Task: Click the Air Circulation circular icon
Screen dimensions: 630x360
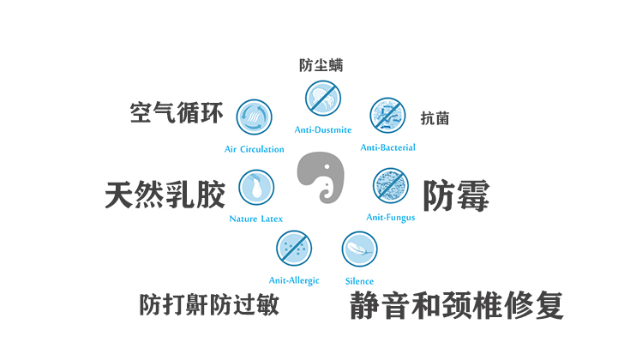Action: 254,117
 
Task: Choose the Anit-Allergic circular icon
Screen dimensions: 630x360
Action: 293,249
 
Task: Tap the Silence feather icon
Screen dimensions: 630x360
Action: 359,249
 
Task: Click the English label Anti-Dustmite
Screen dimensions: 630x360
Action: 323,130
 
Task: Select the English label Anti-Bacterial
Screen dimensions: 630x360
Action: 387,147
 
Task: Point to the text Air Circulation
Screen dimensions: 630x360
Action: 255,149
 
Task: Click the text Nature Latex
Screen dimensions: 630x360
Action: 256,219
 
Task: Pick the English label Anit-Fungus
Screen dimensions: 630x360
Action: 391,217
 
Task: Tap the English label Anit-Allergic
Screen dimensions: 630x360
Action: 294,280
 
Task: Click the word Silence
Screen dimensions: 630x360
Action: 359,281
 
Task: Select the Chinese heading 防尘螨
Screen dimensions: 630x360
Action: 321,66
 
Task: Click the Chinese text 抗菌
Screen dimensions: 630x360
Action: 435,118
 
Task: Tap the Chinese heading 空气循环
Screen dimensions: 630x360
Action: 176,114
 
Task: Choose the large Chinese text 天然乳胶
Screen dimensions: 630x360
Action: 165,194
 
